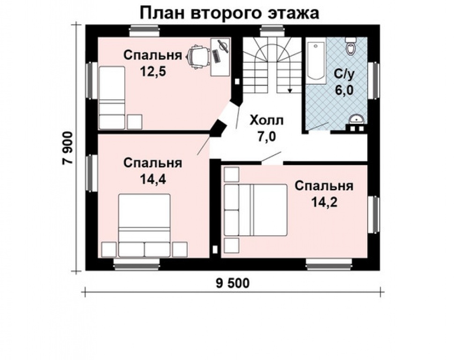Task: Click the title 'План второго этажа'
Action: (x=229, y=13)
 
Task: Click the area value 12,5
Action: (x=153, y=72)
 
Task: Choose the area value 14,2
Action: (x=324, y=202)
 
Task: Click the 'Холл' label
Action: (x=266, y=120)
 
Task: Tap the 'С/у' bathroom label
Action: (x=344, y=74)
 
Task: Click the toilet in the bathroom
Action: (x=351, y=47)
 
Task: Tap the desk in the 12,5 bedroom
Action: (x=220, y=57)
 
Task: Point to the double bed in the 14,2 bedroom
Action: (x=255, y=210)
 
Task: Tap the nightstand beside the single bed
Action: (x=134, y=122)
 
